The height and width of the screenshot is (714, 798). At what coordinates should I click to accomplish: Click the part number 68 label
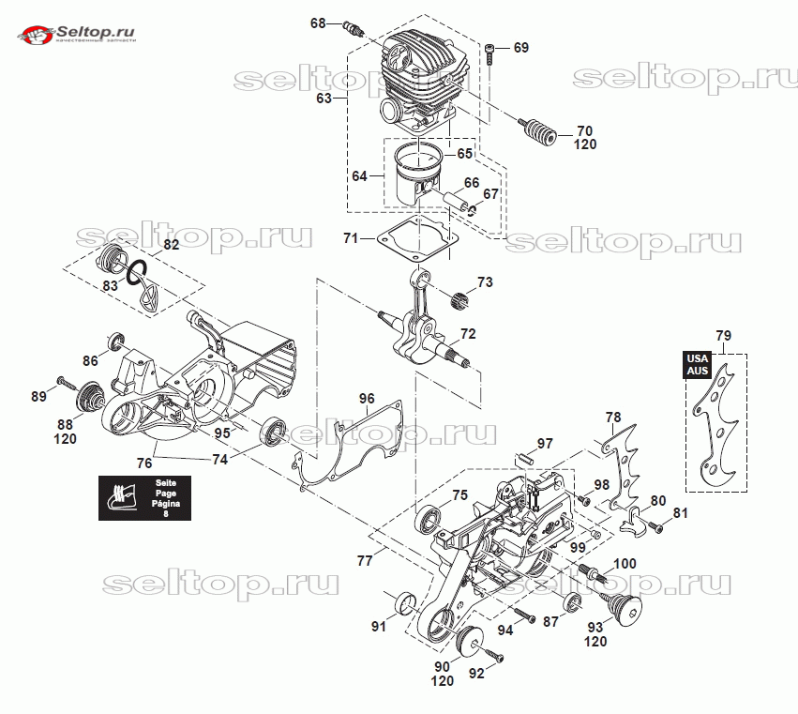pyautogui.click(x=318, y=23)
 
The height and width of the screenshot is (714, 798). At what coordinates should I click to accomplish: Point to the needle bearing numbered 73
pyautogui.click(x=459, y=300)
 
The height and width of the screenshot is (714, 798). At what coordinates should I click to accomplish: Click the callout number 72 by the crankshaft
pyautogui.click(x=467, y=334)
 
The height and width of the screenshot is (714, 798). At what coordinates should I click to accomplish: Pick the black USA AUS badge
pyautogui.click(x=696, y=364)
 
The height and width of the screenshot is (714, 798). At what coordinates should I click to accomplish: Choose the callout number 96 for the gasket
pyautogui.click(x=367, y=398)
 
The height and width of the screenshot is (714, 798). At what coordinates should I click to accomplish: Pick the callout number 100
pyautogui.click(x=625, y=564)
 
